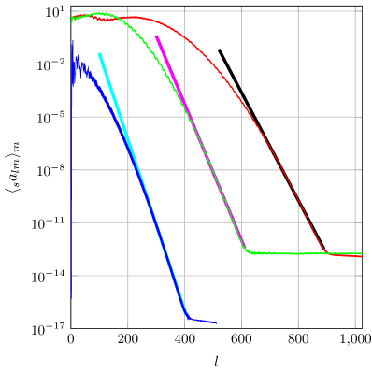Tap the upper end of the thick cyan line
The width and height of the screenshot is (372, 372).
[x=99, y=54]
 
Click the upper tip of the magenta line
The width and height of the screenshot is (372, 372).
[x=156, y=36]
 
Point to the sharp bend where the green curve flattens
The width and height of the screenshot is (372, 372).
[x=246, y=250]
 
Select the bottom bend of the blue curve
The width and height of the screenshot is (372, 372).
[x=188, y=318]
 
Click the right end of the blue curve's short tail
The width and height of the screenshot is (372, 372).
[x=216, y=323]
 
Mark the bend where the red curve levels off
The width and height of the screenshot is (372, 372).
[x=327, y=253]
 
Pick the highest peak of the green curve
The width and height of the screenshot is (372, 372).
[x=99, y=13]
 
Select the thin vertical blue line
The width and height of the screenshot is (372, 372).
[x=72, y=187]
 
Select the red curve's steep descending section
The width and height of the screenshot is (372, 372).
[x=280, y=168]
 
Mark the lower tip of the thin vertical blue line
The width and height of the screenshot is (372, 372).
[x=72, y=299]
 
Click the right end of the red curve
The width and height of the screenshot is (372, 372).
[x=362, y=256]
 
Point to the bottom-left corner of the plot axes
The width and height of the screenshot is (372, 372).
[x=71, y=328]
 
